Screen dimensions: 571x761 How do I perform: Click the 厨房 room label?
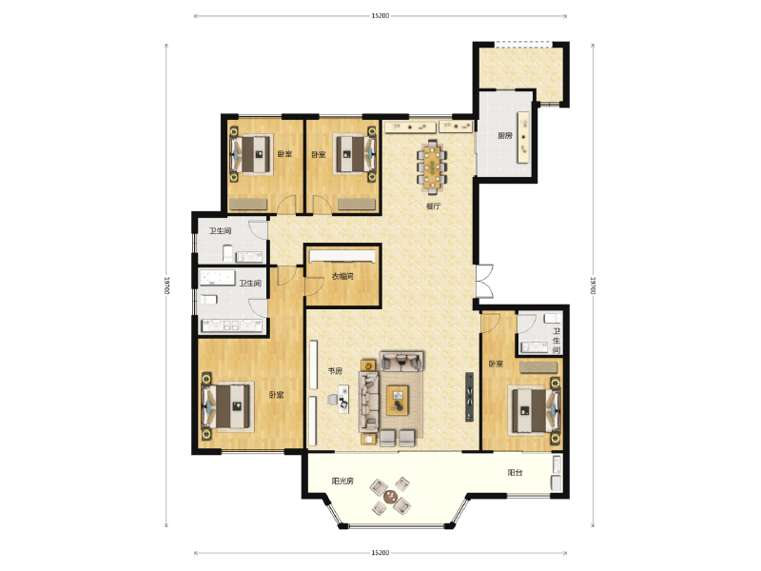[x=505, y=135]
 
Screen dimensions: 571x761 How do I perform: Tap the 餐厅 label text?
[x=433, y=206]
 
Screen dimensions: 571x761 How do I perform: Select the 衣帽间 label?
[x=342, y=277]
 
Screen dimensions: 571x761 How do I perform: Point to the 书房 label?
[x=335, y=371]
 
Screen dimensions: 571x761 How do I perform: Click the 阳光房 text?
[x=343, y=482]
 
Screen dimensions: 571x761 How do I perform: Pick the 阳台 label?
[x=515, y=473]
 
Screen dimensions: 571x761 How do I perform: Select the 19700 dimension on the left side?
[x=167, y=285]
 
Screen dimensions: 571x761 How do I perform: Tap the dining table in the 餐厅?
[x=434, y=166]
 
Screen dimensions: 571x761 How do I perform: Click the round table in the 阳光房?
[x=390, y=496]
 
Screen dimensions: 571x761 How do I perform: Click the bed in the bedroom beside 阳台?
[x=533, y=408]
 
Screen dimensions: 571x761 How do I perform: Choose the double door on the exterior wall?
[x=483, y=283]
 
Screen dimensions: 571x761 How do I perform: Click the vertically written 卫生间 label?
[x=556, y=341]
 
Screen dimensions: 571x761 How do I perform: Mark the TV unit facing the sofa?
[x=468, y=397]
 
